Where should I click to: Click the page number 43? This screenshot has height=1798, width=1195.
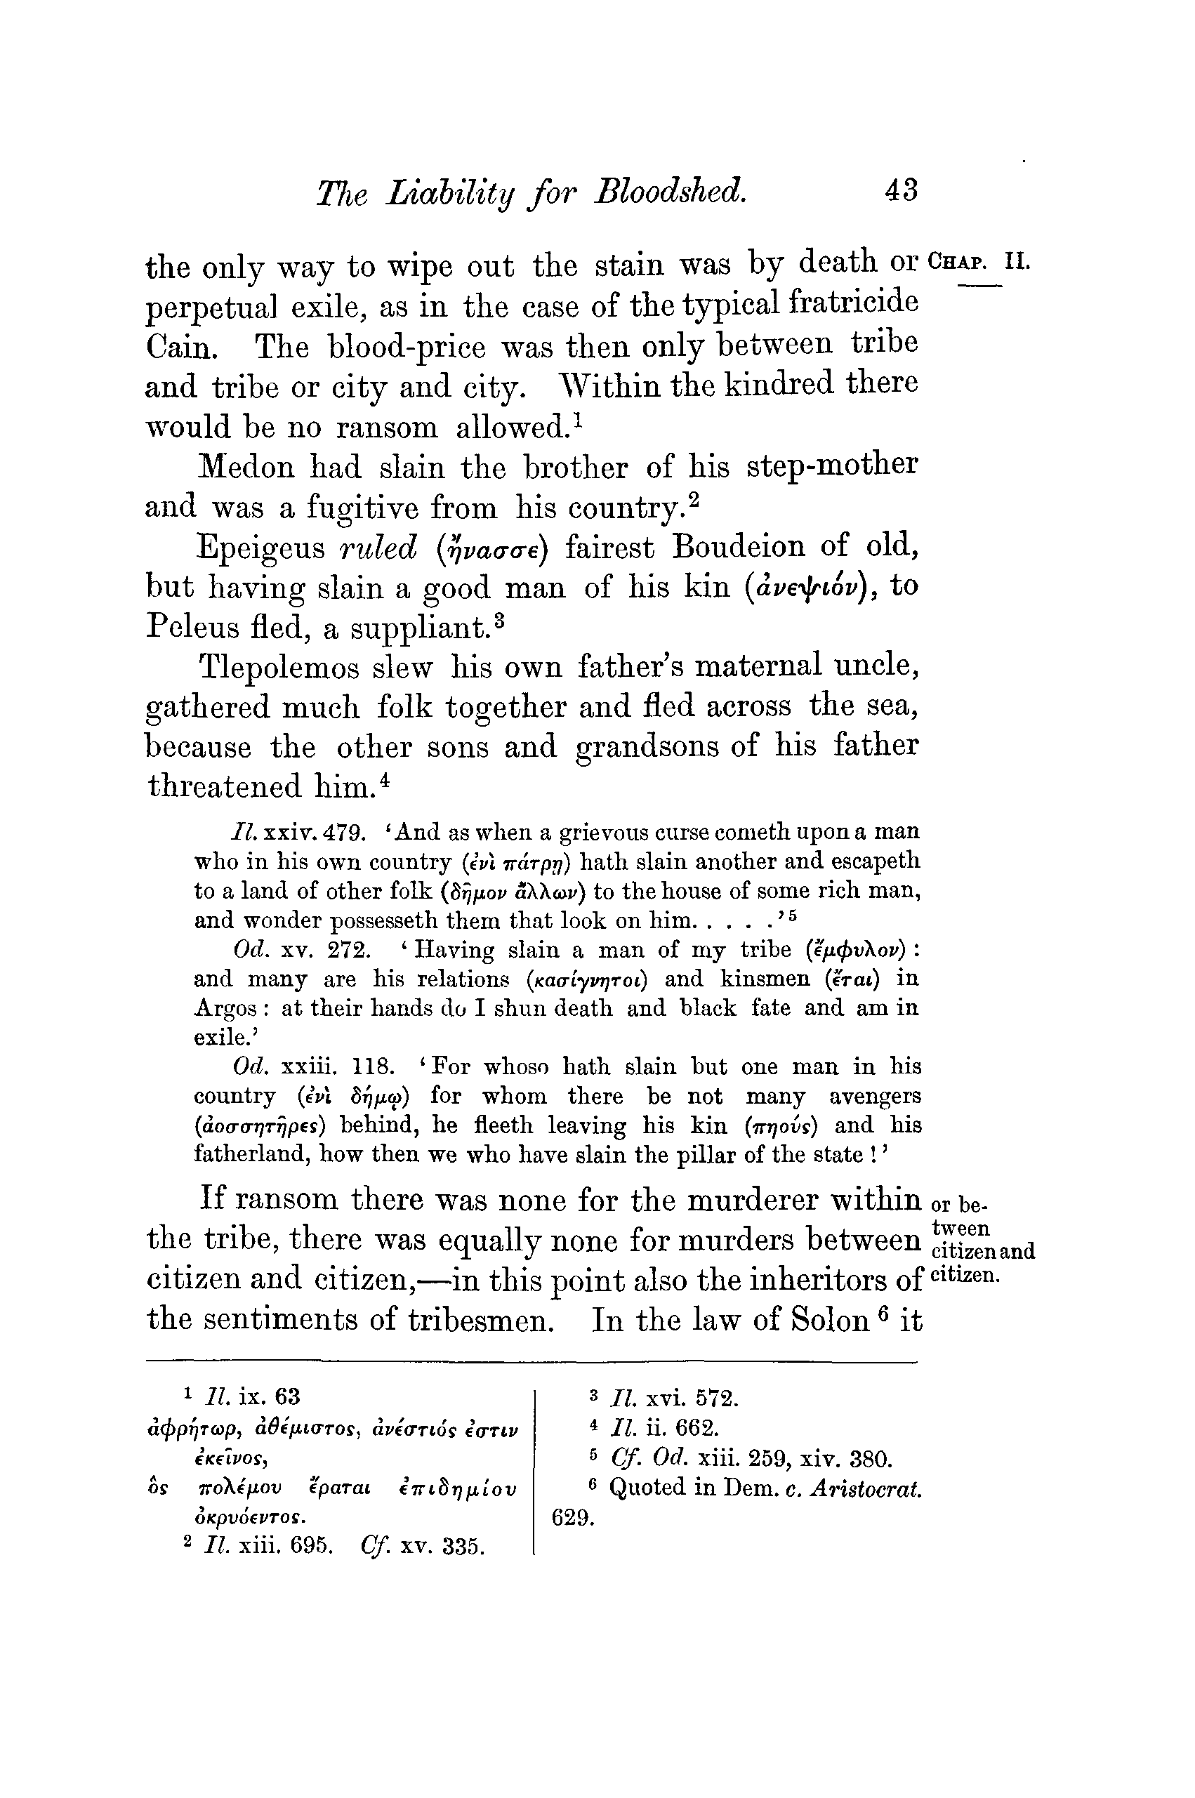[x=901, y=189]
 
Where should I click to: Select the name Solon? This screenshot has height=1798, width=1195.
[x=831, y=1320]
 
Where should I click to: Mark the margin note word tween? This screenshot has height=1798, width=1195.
[x=961, y=1229]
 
